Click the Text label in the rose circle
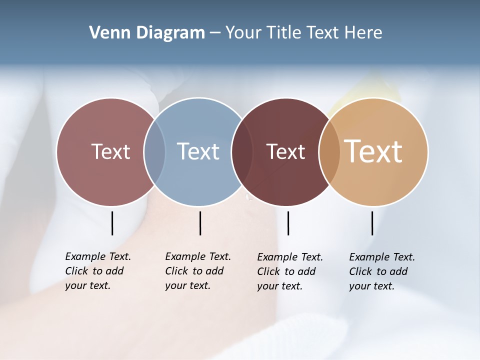110,151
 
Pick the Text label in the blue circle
198,151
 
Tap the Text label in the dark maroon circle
285,151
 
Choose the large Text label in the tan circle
373,151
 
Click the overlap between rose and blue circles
154,151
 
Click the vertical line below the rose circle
112,223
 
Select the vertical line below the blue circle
200,223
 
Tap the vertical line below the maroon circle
288,223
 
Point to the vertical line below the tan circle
372,223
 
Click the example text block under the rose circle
98,271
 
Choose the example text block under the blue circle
198,271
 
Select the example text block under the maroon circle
290,271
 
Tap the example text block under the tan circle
382,271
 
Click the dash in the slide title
215,33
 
